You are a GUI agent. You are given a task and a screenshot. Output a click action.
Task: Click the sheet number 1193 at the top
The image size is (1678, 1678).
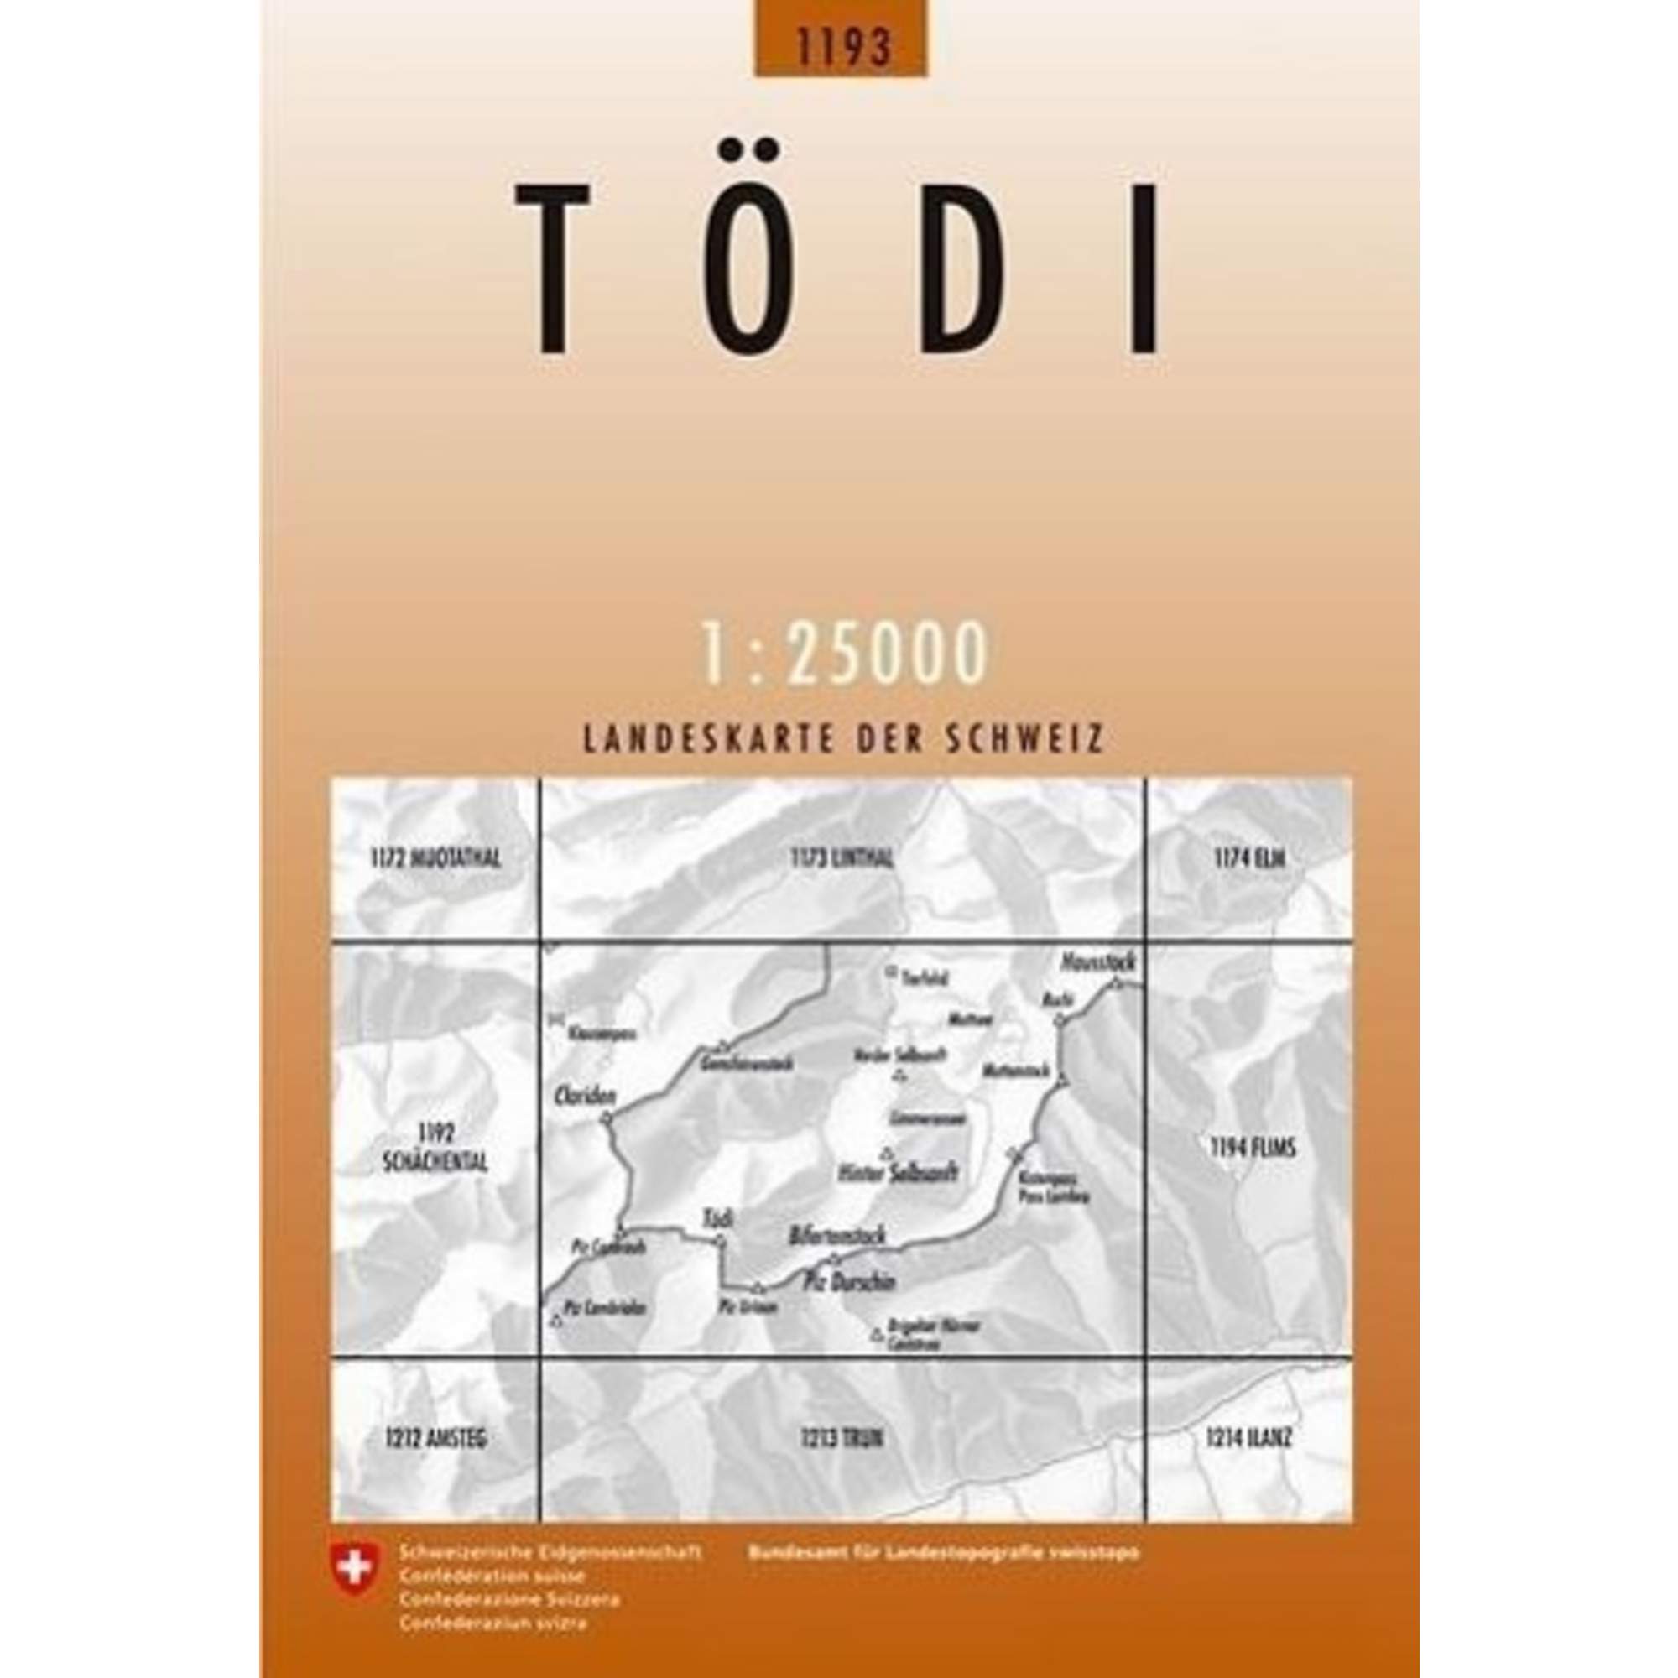pos(840,48)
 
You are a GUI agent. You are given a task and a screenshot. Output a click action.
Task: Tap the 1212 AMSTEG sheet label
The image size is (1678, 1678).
pos(435,1439)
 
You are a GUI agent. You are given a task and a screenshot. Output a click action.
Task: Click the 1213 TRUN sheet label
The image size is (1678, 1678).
pos(841,1439)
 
